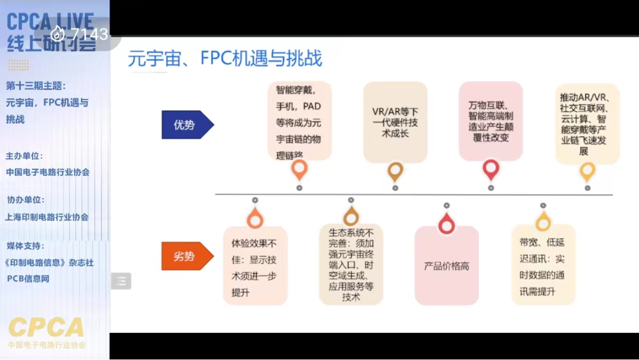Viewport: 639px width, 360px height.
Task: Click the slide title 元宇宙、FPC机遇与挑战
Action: (225, 59)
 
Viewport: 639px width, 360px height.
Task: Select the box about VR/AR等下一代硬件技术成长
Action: (395, 123)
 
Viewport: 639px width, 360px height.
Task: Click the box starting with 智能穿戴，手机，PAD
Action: (299, 122)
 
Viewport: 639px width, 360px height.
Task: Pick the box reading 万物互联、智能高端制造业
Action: (490, 121)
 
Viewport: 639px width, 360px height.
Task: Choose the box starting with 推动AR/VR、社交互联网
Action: (587, 123)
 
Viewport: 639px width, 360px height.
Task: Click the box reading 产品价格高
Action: (447, 266)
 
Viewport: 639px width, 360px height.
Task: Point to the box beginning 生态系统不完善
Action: (351, 265)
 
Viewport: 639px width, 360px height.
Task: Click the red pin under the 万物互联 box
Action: (490, 170)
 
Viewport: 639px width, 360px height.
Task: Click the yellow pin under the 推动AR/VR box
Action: (587, 172)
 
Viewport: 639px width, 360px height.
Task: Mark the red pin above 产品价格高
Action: (447, 224)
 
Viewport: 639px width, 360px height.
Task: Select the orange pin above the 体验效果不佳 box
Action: (255, 219)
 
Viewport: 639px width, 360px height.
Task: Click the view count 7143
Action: (89, 34)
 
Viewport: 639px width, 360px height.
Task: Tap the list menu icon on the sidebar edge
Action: (121, 281)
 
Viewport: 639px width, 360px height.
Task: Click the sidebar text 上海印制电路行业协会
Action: (47, 217)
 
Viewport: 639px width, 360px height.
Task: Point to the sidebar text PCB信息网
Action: (28, 278)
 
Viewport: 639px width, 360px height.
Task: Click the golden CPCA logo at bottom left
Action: (46, 328)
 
